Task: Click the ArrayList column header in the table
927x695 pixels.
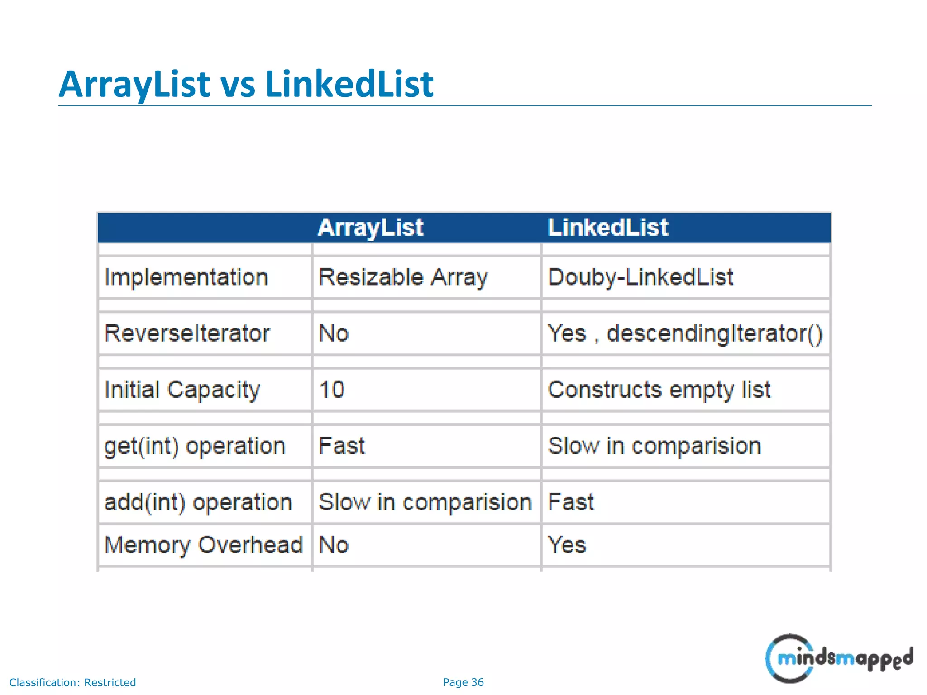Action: (370, 228)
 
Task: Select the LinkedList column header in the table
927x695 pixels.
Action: (607, 228)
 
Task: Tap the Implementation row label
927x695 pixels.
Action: (186, 277)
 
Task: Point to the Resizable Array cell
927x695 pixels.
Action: (403, 277)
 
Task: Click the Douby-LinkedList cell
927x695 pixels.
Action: (640, 277)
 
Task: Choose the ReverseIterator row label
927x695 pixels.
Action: (187, 333)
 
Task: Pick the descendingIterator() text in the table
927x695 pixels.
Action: (714, 333)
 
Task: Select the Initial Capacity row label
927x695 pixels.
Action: (182, 390)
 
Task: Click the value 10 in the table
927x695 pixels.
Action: (332, 390)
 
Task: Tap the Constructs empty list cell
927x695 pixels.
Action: (659, 390)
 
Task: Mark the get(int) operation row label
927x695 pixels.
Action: (195, 446)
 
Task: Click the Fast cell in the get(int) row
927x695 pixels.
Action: (342, 446)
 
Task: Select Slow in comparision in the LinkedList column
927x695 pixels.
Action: (655, 446)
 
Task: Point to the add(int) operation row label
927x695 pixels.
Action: (198, 502)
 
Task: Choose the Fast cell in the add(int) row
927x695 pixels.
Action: (571, 502)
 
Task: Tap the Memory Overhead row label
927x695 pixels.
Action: (203, 545)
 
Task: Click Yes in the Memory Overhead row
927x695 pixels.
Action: (567, 545)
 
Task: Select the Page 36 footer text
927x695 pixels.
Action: (463, 682)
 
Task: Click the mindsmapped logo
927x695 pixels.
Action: (839, 658)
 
